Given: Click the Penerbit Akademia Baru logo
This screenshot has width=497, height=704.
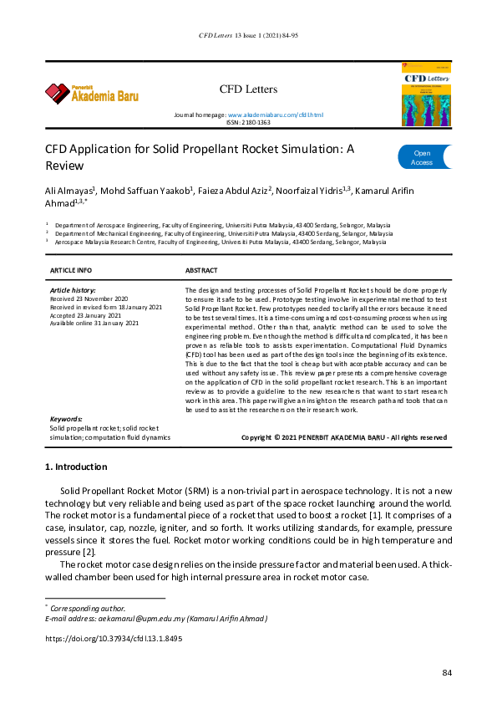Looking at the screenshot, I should [x=92, y=92].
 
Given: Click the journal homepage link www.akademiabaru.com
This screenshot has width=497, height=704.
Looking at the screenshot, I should [x=275, y=114].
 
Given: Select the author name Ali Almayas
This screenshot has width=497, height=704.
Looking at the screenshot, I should [x=71, y=191].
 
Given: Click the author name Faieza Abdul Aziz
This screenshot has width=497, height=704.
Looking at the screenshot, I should [x=235, y=191].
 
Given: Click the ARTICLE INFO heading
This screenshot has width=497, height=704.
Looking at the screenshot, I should [x=71, y=271].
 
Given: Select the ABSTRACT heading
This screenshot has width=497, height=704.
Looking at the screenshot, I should [x=201, y=271].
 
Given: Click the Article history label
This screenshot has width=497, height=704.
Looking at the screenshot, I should [x=73, y=289].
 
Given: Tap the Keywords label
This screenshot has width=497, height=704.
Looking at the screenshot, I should [x=66, y=419].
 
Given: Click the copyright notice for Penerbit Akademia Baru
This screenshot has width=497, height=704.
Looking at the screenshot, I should [x=343, y=436].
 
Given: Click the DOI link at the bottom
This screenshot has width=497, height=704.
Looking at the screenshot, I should [x=114, y=638].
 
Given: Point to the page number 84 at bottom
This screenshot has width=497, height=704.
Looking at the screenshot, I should [x=447, y=673].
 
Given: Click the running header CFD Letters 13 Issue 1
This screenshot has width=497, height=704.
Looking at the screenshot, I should [x=248, y=36].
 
